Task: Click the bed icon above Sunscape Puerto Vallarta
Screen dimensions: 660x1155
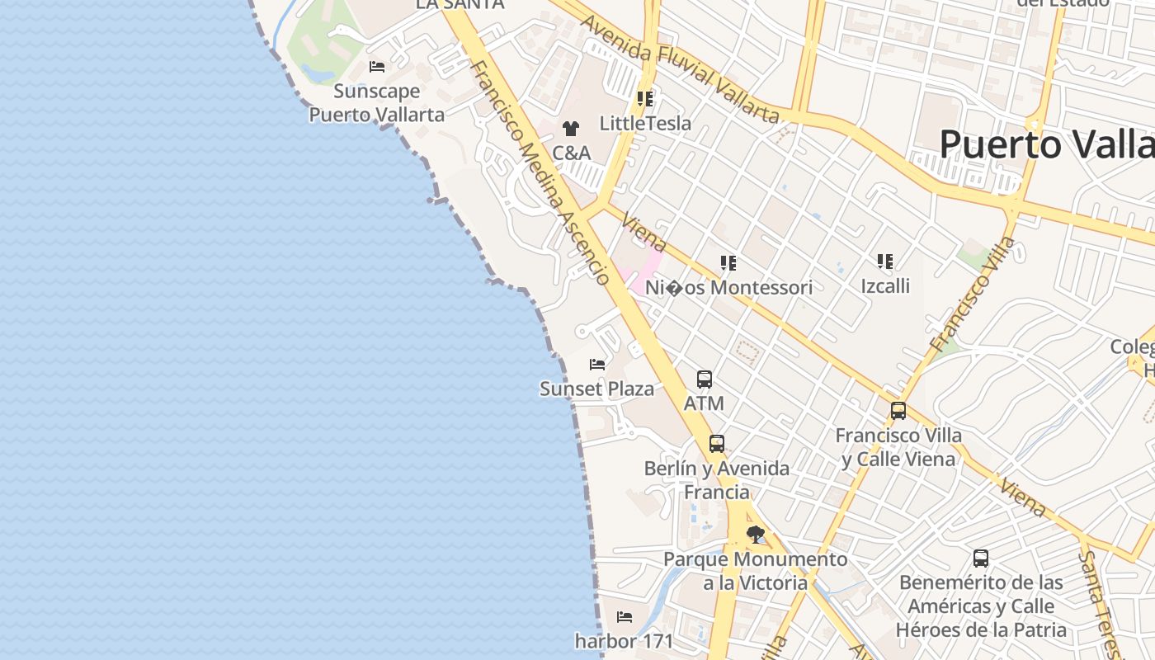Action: pyautogui.click(x=377, y=67)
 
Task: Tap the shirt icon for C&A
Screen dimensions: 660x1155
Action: pyautogui.click(x=570, y=129)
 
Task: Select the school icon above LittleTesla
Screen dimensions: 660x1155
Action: pyautogui.click(x=645, y=100)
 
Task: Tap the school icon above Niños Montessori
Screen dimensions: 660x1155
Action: pyautogui.click(x=728, y=263)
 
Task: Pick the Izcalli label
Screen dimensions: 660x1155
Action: pyautogui.click(x=885, y=285)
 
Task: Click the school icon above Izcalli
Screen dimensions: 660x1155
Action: pyautogui.click(x=885, y=262)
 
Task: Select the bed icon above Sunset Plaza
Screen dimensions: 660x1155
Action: pyautogui.click(x=597, y=364)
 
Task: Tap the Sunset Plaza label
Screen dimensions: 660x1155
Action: pyautogui.click(x=596, y=389)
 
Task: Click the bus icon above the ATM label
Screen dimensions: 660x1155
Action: pyautogui.click(x=704, y=379)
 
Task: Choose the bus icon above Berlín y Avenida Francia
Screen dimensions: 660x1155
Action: pyautogui.click(x=717, y=444)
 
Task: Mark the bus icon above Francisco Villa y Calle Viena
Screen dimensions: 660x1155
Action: pyautogui.click(x=898, y=410)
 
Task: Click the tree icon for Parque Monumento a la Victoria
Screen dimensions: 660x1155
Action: pyautogui.click(x=755, y=535)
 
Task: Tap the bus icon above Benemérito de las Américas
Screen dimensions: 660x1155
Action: pyautogui.click(x=981, y=559)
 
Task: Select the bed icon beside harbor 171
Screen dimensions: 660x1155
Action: pyautogui.click(x=625, y=616)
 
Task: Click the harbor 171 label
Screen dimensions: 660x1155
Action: pyautogui.click(x=625, y=640)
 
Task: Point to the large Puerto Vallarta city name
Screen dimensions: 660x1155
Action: pyautogui.click(x=1046, y=144)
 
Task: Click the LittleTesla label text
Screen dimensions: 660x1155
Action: pyautogui.click(x=645, y=124)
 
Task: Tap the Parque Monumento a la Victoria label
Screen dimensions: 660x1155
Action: pyautogui.click(x=756, y=571)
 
